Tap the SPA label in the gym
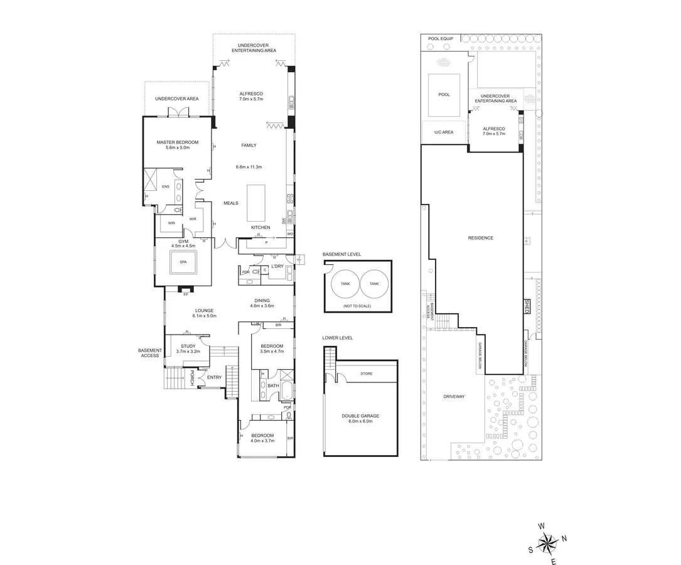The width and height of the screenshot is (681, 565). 183,262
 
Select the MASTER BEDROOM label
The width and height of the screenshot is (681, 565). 178,142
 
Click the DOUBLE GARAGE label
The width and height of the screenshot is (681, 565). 361,416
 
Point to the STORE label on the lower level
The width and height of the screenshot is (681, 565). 367,374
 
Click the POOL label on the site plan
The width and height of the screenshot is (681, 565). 444,95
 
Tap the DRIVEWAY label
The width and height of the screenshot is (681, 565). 453,396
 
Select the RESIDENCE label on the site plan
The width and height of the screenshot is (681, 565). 481,238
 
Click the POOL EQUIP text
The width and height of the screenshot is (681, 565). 440,39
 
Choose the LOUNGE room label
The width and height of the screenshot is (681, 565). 204,310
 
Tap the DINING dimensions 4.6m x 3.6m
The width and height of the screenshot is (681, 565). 262,306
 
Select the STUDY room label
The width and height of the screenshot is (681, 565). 188,346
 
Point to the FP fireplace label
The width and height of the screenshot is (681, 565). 185,294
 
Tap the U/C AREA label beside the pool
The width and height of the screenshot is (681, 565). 444,132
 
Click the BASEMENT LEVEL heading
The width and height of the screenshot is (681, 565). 342,254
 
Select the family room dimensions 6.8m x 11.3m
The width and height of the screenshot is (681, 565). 249,167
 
